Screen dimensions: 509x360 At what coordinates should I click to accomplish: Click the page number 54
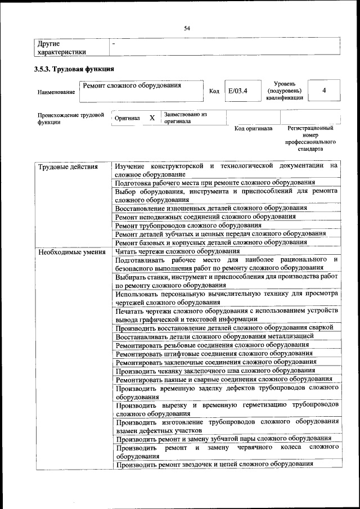coord(187,28)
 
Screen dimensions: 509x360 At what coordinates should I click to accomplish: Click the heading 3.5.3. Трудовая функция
coord(74,70)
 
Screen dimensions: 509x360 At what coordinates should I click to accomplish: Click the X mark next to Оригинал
coord(152,118)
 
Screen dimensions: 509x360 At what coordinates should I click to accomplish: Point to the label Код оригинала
coord(253,129)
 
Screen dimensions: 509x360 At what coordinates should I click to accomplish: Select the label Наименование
coord(56,92)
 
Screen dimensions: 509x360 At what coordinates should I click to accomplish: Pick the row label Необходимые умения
coord(71,252)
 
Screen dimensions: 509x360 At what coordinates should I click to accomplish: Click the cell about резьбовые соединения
coord(211,345)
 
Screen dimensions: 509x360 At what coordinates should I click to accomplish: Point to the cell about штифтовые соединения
coord(214,353)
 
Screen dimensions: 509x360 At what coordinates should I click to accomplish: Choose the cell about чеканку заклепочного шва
coord(215,371)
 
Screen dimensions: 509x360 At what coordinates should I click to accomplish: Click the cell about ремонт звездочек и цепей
coord(214,464)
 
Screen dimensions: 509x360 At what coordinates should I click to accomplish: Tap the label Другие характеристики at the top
coord(61,48)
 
